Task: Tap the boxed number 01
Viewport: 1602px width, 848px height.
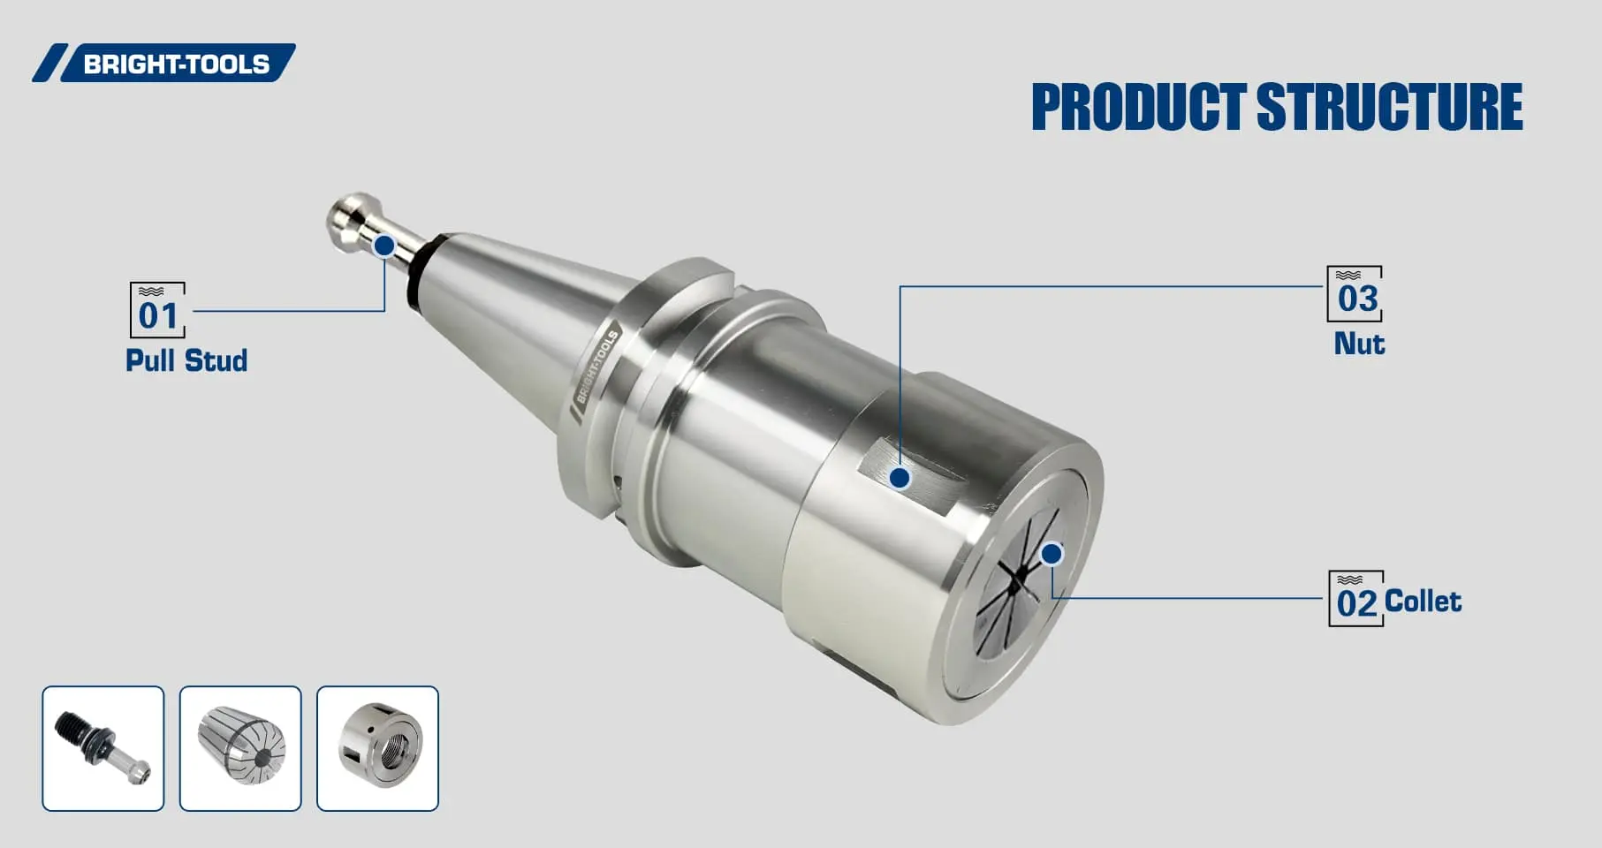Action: tap(157, 311)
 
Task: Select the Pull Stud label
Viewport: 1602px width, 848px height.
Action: tap(186, 360)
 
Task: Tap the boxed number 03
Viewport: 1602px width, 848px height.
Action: tap(1355, 295)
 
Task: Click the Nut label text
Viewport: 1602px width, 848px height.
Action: tap(1359, 344)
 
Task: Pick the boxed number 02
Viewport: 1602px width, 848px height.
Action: tap(1355, 600)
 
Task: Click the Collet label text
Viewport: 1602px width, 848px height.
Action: tap(1423, 602)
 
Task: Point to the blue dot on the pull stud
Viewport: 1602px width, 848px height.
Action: tap(384, 245)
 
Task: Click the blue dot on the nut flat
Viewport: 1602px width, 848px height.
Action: tap(900, 478)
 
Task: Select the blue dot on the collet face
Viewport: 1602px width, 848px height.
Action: tap(1051, 554)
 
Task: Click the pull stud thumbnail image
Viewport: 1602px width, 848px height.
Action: tap(103, 748)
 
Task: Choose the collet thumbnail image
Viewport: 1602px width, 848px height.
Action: tap(240, 748)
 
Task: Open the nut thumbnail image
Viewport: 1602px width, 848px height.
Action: tap(377, 748)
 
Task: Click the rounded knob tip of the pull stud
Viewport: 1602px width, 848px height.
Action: tap(349, 212)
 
